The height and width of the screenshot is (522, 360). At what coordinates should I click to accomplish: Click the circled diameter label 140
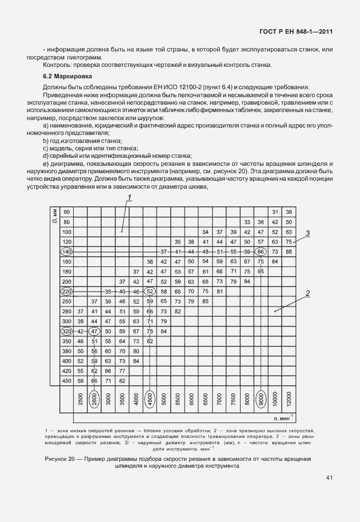(x=66, y=252)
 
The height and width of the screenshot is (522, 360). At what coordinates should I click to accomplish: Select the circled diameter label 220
(x=66, y=292)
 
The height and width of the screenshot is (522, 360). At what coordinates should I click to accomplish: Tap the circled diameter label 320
(x=66, y=331)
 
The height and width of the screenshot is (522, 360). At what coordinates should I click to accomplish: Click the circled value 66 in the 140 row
(x=261, y=252)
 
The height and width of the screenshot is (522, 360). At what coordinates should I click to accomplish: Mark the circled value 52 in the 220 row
(x=150, y=292)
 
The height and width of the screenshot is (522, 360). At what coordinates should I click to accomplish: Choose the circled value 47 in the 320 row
(x=94, y=331)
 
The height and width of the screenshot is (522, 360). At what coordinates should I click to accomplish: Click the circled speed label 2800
(x=94, y=403)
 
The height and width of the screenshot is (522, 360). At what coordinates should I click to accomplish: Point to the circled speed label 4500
(x=150, y=403)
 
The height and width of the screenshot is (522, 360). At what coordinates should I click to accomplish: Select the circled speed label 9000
(x=261, y=403)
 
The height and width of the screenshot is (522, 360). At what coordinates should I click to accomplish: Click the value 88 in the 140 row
(x=289, y=252)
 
